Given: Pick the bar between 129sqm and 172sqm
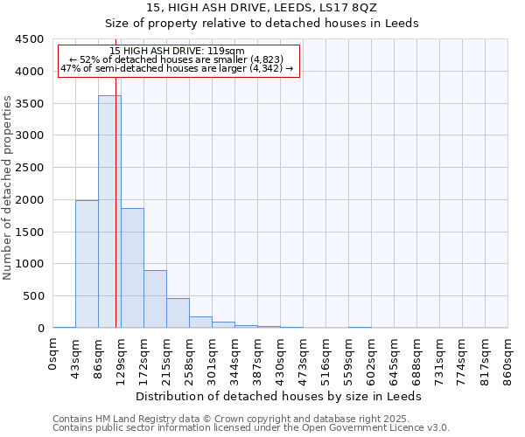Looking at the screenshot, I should (132, 267).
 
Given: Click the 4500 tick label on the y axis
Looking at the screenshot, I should (29, 39).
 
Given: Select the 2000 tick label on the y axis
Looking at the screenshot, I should (29, 200).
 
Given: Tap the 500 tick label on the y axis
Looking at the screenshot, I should (32, 296).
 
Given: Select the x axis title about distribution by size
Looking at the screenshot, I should (280, 396).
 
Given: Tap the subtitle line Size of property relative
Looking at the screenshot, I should (262, 23).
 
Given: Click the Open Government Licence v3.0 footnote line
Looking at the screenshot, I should (251, 428).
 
